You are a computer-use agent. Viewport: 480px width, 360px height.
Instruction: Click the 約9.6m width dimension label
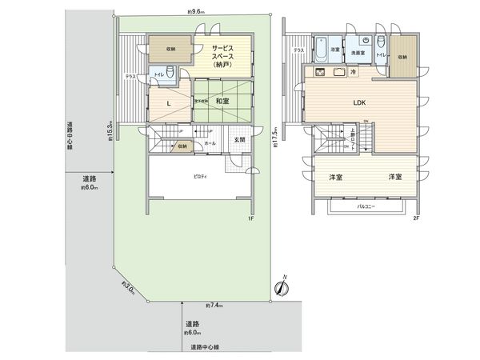click(x=196, y=12)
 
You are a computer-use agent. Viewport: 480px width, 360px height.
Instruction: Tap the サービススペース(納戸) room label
click(x=222, y=56)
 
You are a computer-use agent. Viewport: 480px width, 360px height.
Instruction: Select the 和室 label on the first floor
click(x=222, y=102)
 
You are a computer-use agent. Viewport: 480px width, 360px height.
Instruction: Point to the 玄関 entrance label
click(x=239, y=140)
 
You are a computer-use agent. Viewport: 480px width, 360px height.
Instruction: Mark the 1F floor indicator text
click(x=250, y=218)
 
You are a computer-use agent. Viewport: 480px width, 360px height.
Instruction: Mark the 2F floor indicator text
click(x=416, y=218)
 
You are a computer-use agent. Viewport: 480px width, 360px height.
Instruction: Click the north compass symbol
click(x=282, y=289)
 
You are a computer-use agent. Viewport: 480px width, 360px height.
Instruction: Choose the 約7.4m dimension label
click(x=214, y=306)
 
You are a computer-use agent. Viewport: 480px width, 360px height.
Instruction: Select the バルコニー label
click(x=366, y=206)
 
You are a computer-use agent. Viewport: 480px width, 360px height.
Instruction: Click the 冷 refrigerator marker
click(x=354, y=72)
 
